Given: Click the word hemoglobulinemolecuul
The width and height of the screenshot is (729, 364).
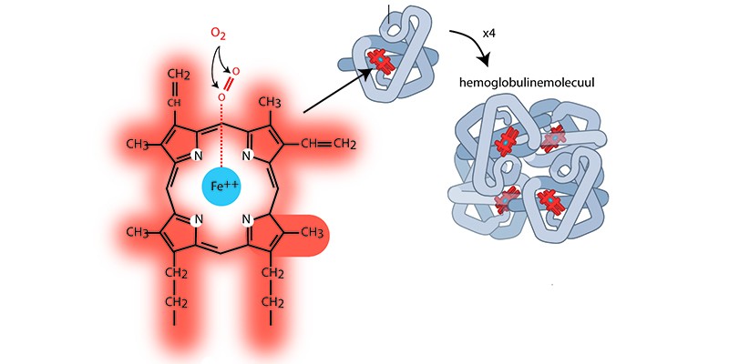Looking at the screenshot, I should tap(526, 83).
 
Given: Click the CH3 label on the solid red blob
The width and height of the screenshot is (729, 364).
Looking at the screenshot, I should tap(312, 232).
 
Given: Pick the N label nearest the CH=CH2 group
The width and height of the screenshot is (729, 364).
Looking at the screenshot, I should tap(245, 154).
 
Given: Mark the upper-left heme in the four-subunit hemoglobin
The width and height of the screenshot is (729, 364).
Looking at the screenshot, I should tap(505, 145).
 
